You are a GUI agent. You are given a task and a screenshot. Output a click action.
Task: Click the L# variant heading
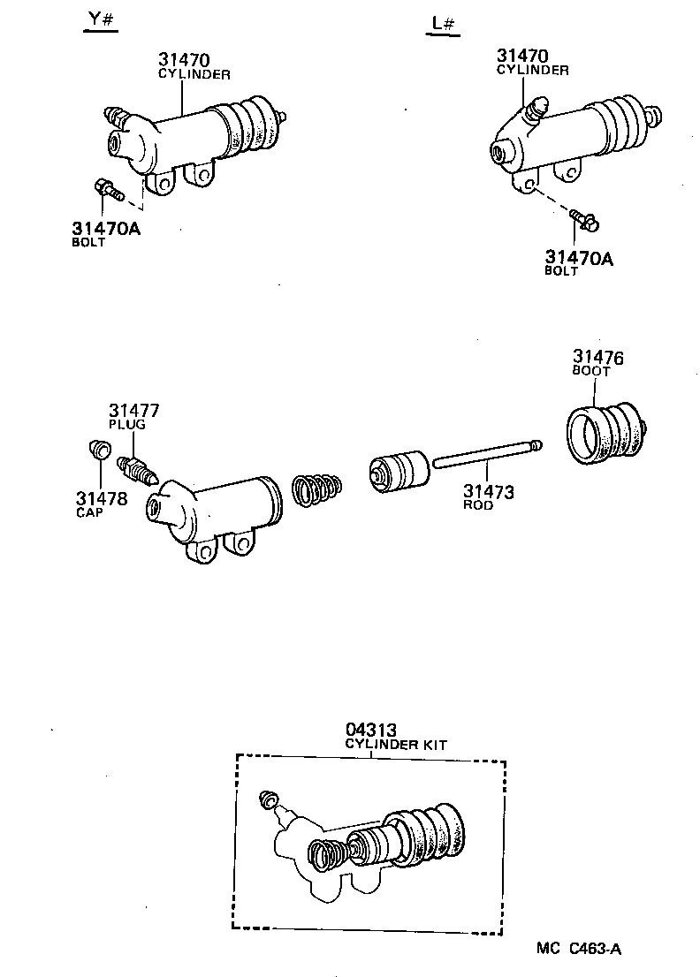tap(444, 24)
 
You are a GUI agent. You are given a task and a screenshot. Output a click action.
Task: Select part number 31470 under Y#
tap(185, 60)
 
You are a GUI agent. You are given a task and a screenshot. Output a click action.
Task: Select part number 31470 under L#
tap(522, 55)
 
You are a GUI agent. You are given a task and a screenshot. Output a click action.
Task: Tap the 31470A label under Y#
tap(106, 229)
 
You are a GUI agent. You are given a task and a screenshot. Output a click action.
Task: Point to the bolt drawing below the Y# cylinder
tap(106, 188)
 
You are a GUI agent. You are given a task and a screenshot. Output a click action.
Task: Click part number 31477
tap(134, 410)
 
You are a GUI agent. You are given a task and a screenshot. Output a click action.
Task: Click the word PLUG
tap(127, 425)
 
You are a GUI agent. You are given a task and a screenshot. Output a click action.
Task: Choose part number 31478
tap(101, 498)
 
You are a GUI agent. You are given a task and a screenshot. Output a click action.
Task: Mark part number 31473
tap(489, 492)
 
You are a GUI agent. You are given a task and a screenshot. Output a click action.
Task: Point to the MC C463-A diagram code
tap(580, 950)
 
